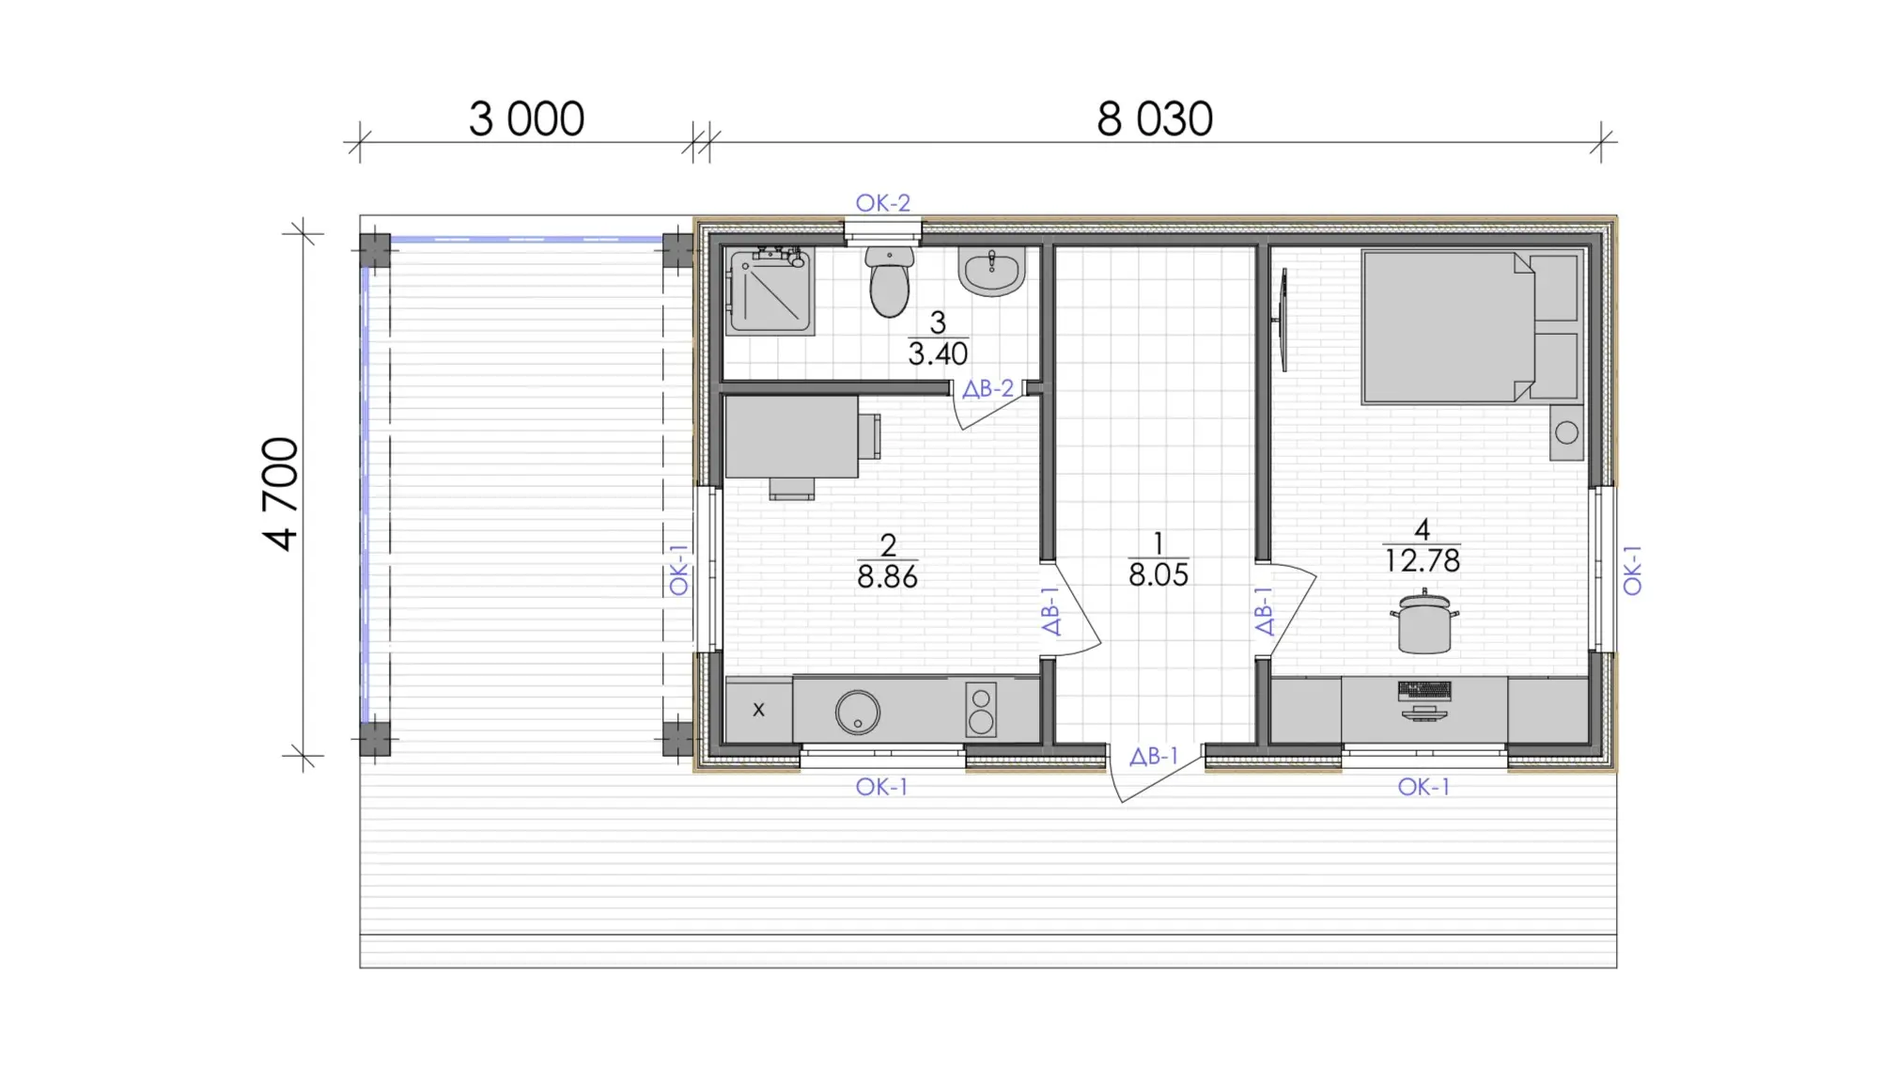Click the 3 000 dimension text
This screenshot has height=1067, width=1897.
(526, 119)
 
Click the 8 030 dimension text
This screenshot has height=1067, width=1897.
(1155, 119)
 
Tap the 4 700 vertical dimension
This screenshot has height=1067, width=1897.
(281, 494)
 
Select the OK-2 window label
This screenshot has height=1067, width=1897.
(882, 202)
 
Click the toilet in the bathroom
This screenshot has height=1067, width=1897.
(889, 281)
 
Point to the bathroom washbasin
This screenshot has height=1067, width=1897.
(991, 271)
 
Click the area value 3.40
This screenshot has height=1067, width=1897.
(938, 354)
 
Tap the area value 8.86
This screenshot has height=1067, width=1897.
(887, 576)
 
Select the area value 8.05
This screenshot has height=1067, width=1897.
(1158, 574)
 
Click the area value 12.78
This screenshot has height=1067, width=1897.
(1423, 561)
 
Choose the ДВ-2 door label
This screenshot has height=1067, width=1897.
(988, 388)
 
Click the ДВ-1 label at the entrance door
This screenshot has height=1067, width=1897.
(1154, 756)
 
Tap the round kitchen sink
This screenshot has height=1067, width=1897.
(858, 712)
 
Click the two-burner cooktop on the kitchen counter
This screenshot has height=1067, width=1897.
(981, 709)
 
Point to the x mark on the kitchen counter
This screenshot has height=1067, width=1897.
(758, 710)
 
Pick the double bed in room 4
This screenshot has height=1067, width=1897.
(1471, 327)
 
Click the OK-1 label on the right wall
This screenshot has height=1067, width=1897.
(1632, 571)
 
